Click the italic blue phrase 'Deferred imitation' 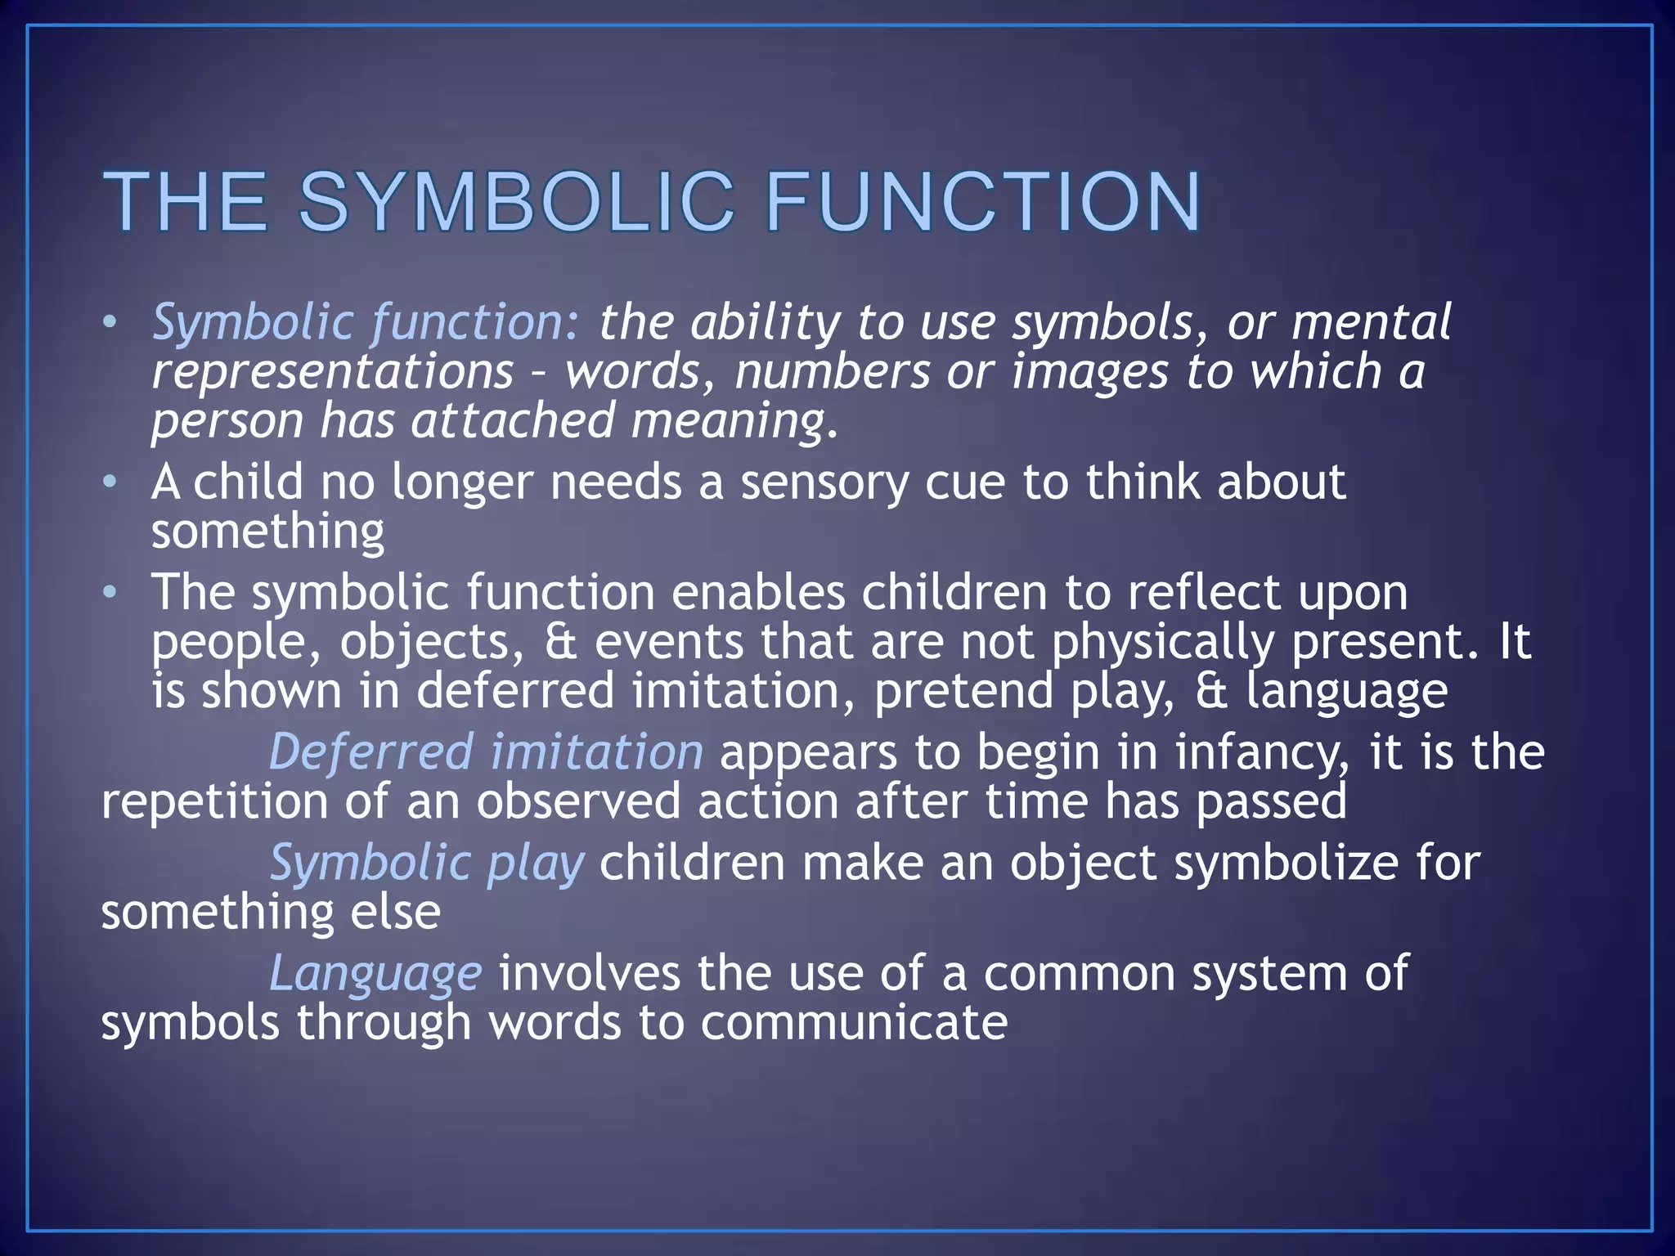click(486, 752)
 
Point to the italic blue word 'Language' click(375, 975)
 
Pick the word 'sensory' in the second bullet click(824, 482)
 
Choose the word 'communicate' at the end click(854, 1024)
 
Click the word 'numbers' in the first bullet click(832, 373)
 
